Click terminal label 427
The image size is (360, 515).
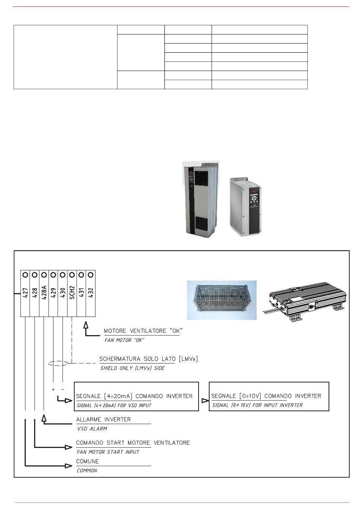point(25,293)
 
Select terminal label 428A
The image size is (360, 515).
point(44,292)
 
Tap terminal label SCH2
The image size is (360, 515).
point(72,292)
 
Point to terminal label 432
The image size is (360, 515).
point(91,293)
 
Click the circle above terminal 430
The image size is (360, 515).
point(63,275)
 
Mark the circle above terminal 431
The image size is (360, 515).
point(81,275)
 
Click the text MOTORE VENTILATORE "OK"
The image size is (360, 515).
point(143,331)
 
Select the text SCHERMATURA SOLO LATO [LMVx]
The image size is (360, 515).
point(149,359)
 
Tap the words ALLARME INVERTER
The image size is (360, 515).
point(103,419)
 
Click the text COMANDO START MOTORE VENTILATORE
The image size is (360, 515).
point(133,443)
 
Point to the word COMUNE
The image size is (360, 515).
point(88,461)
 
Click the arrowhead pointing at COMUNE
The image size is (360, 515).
point(69,466)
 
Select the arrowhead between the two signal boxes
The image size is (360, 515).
point(205,401)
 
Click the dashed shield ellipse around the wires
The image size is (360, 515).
point(58,363)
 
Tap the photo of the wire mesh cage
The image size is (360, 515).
point(222,300)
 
